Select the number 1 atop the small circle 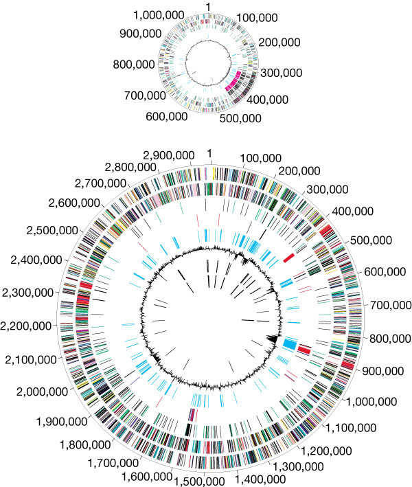click(x=208, y=6)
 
